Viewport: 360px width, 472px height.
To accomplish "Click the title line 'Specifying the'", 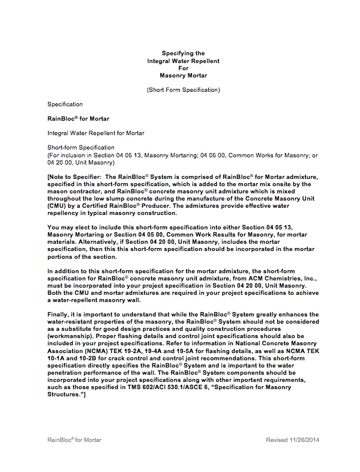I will (x=183, y=53).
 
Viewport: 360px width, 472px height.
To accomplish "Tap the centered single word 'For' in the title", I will (x=183, y=68).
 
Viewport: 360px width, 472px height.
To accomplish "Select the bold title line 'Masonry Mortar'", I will (x=183, y=76).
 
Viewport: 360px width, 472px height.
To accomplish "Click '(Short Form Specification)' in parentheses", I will (x=183, y=90).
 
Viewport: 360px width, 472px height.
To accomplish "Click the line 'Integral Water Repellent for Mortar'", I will (x=95, y=133).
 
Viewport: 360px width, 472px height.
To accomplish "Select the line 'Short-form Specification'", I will (x=80, y=148).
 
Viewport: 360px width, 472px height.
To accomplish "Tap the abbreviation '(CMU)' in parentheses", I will (x=57, y=205).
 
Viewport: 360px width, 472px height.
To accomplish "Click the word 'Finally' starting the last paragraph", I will (x=58, y=314).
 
